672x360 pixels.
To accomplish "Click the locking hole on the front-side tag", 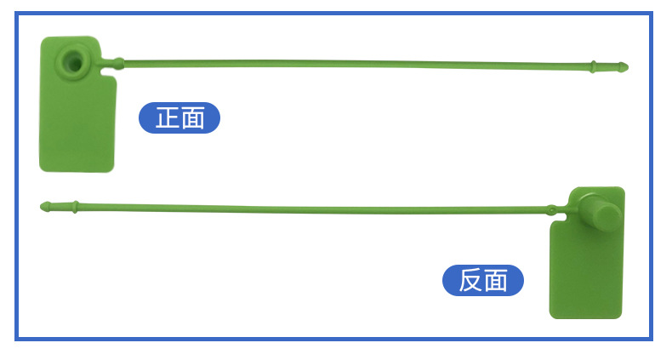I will click(70, 60).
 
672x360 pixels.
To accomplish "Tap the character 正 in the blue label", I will click(167, 117).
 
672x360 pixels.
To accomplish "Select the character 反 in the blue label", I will click(470, 280).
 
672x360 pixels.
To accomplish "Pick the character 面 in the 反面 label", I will click(497, 280).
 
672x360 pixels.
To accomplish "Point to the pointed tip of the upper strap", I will click(625, 66).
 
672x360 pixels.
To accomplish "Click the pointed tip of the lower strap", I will click(43, 205).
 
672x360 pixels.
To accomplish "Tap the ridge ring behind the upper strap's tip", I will click(593, 65).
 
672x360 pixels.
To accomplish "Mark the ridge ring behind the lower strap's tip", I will click(76, 205).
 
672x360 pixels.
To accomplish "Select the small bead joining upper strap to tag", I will click(118, 62).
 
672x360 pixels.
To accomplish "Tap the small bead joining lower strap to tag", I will click(551, 209).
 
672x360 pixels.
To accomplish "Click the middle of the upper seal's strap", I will click(357, 63).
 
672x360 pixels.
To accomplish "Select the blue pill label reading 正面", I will click(179, 117).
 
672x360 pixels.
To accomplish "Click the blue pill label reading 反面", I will click(483, 280).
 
